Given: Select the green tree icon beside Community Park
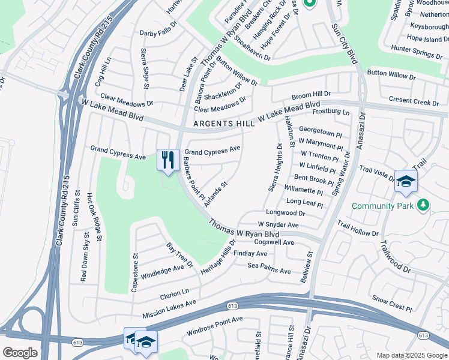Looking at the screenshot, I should click(x=424, y=206).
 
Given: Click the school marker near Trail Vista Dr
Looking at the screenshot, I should click(x=406, y=181).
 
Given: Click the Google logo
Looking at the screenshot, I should click(x=20, y=352).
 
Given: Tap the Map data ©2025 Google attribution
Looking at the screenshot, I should click(x=411, y=355).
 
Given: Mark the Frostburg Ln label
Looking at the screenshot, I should click(x=330, y=112).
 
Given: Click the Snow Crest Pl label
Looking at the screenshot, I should click(x=391, y=303).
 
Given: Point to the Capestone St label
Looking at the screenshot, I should click(x=134, y=272).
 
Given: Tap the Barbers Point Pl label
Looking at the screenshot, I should click(x=194, y=178).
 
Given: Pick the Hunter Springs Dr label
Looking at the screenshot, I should click(x=417, y=51).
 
